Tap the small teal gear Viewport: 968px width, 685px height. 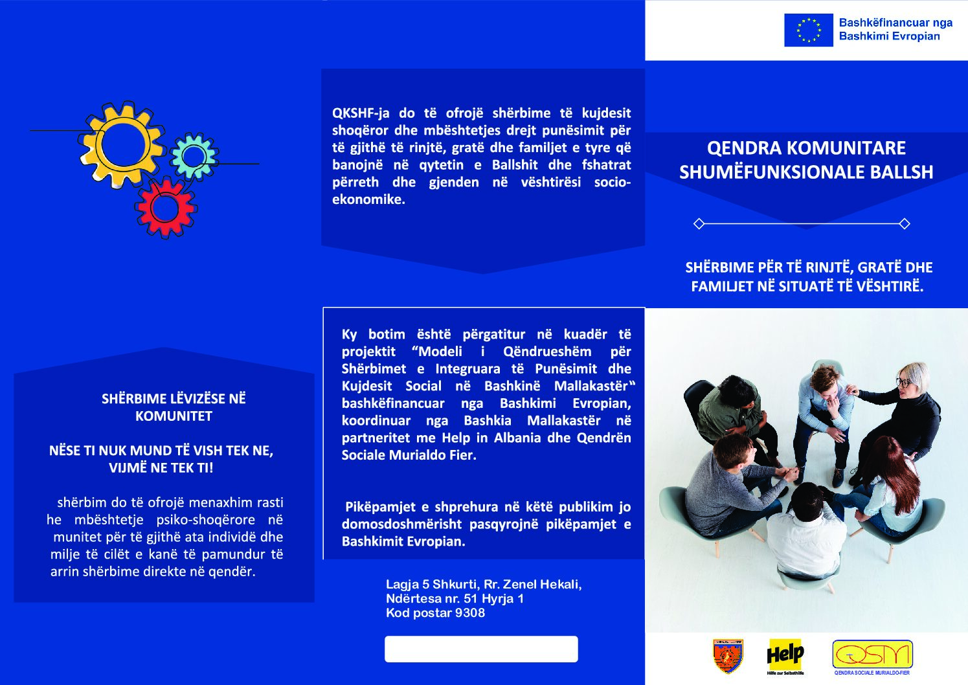[x=193, y=156]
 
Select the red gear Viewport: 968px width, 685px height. [x=165, y=207]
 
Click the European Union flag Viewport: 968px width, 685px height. [x=808, y=30]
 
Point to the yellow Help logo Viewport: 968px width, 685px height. [x=785, y=655]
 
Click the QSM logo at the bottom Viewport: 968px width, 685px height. [x=872, y=655]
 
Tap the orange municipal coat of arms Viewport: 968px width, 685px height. [x=728, y=656]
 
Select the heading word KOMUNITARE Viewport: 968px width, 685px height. [x=846, y=148]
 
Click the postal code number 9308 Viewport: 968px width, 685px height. [x=469, y=613]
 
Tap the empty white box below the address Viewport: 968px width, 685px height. [x=481, y=649]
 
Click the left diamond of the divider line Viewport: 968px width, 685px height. [x=699, y=224]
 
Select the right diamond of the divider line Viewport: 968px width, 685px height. [x=905, y=224]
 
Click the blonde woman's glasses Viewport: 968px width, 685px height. [x=903, y=382]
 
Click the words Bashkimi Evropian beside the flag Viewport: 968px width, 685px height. [x=889, y=36]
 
